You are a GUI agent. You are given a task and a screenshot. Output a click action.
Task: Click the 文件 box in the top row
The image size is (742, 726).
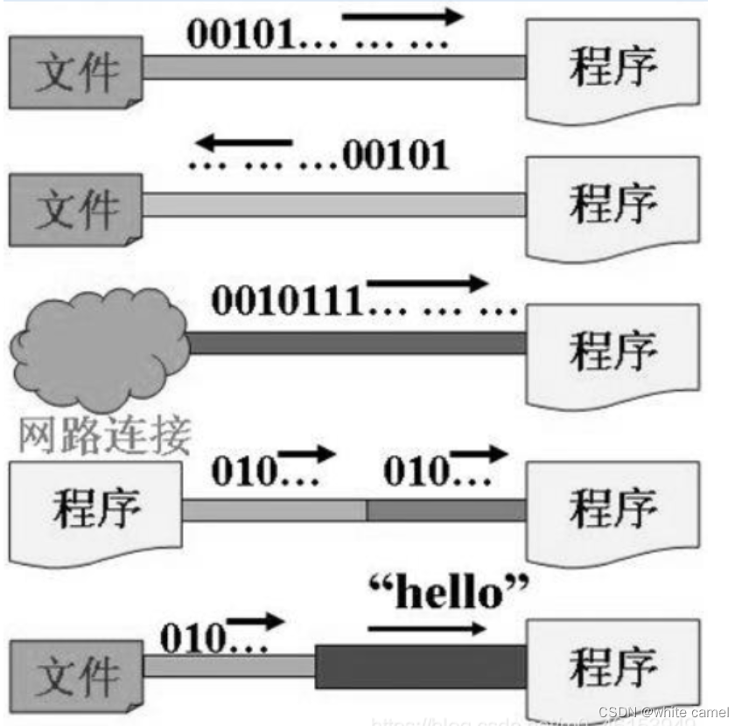pyautogui.click(x=75, y=71)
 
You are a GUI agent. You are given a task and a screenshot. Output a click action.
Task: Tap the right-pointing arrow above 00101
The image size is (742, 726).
pyautogui.click(x=402, y=16)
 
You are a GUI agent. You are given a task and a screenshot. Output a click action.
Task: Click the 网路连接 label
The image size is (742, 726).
pyautogui.click(x=103, y=435)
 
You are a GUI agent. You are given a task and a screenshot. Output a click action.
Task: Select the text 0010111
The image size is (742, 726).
pyautogui.click(x=288, y=303)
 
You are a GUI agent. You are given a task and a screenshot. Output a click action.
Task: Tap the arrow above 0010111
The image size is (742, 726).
pyautogui.click(x=425, y=283)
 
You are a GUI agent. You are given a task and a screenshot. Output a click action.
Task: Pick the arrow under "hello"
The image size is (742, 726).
pyautogui.click(x=426, y=627)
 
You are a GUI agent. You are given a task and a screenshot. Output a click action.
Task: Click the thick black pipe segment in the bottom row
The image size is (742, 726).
pyautogui.click(x=420, y=667)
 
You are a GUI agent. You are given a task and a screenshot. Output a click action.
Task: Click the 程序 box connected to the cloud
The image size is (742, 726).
pyautogui.click(x=612, y=352)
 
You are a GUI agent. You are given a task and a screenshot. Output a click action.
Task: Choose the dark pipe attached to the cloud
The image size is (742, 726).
pyautogui.click(x=357, y=343)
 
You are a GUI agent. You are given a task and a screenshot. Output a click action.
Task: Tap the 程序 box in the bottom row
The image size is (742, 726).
pyautogui.click(x=612, y=669)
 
